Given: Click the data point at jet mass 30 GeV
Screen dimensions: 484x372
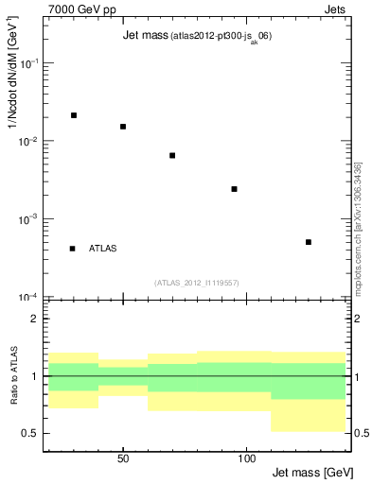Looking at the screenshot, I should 74,115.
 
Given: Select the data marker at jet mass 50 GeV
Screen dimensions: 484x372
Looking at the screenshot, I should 123,127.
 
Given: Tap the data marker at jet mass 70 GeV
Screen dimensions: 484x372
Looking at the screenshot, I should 172,155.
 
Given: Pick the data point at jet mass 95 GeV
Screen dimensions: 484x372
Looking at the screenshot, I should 234,189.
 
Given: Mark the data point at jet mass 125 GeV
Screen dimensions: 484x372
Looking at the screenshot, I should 309,242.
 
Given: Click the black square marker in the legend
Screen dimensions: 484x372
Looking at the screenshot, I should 73,249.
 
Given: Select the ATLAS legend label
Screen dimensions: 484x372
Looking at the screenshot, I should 102,249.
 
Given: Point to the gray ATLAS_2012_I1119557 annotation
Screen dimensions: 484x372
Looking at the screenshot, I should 197,283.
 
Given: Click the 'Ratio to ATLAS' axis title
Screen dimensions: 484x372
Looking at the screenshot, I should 12,377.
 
